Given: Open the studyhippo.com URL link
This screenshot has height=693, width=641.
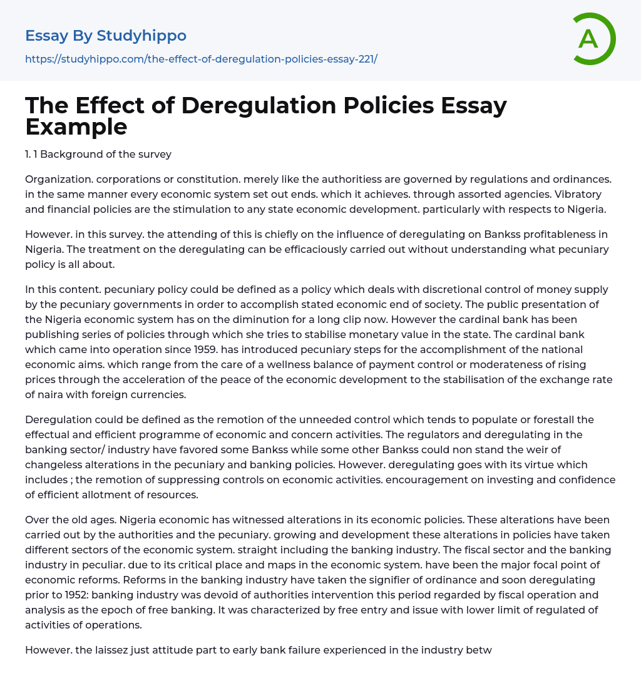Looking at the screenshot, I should click(201, 59).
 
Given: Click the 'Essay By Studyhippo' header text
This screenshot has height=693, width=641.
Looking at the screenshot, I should click(106, 36).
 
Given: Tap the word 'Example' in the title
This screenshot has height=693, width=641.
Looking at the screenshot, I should click(76, 126).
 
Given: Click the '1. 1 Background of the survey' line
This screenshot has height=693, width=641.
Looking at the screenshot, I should click(98, 154).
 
